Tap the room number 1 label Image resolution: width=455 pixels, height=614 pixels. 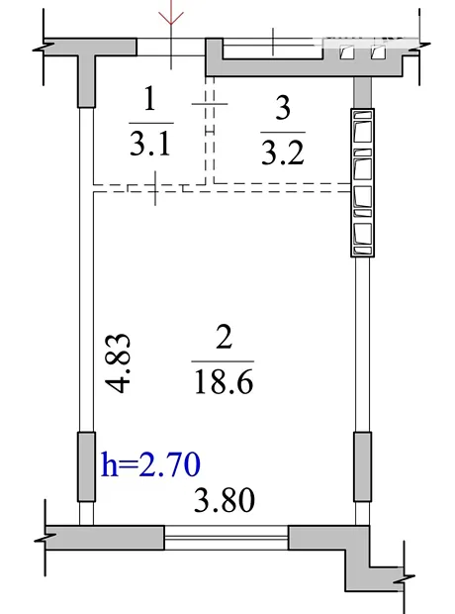pyautogui.click(x=149, y=98)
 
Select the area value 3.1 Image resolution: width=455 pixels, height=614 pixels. pyautogui.click(x=149, y=144)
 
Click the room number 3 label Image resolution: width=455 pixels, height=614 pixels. pyautogui.click(x=283, y=108)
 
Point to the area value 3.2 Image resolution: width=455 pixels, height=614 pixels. pyautogui.click(x=283, y=153)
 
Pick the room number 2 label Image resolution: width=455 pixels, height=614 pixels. pyautogui.click(x=224, y=337)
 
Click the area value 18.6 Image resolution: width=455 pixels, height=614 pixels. pyautogui.click(x=224, y=382)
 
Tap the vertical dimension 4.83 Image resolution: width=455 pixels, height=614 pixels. pyautogui.click(x=118, y=363)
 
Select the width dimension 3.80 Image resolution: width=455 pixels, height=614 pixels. pyautogui.click(x=225, y=500)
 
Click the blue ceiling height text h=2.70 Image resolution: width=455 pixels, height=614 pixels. pyautogui.click(x=151, y=464)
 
